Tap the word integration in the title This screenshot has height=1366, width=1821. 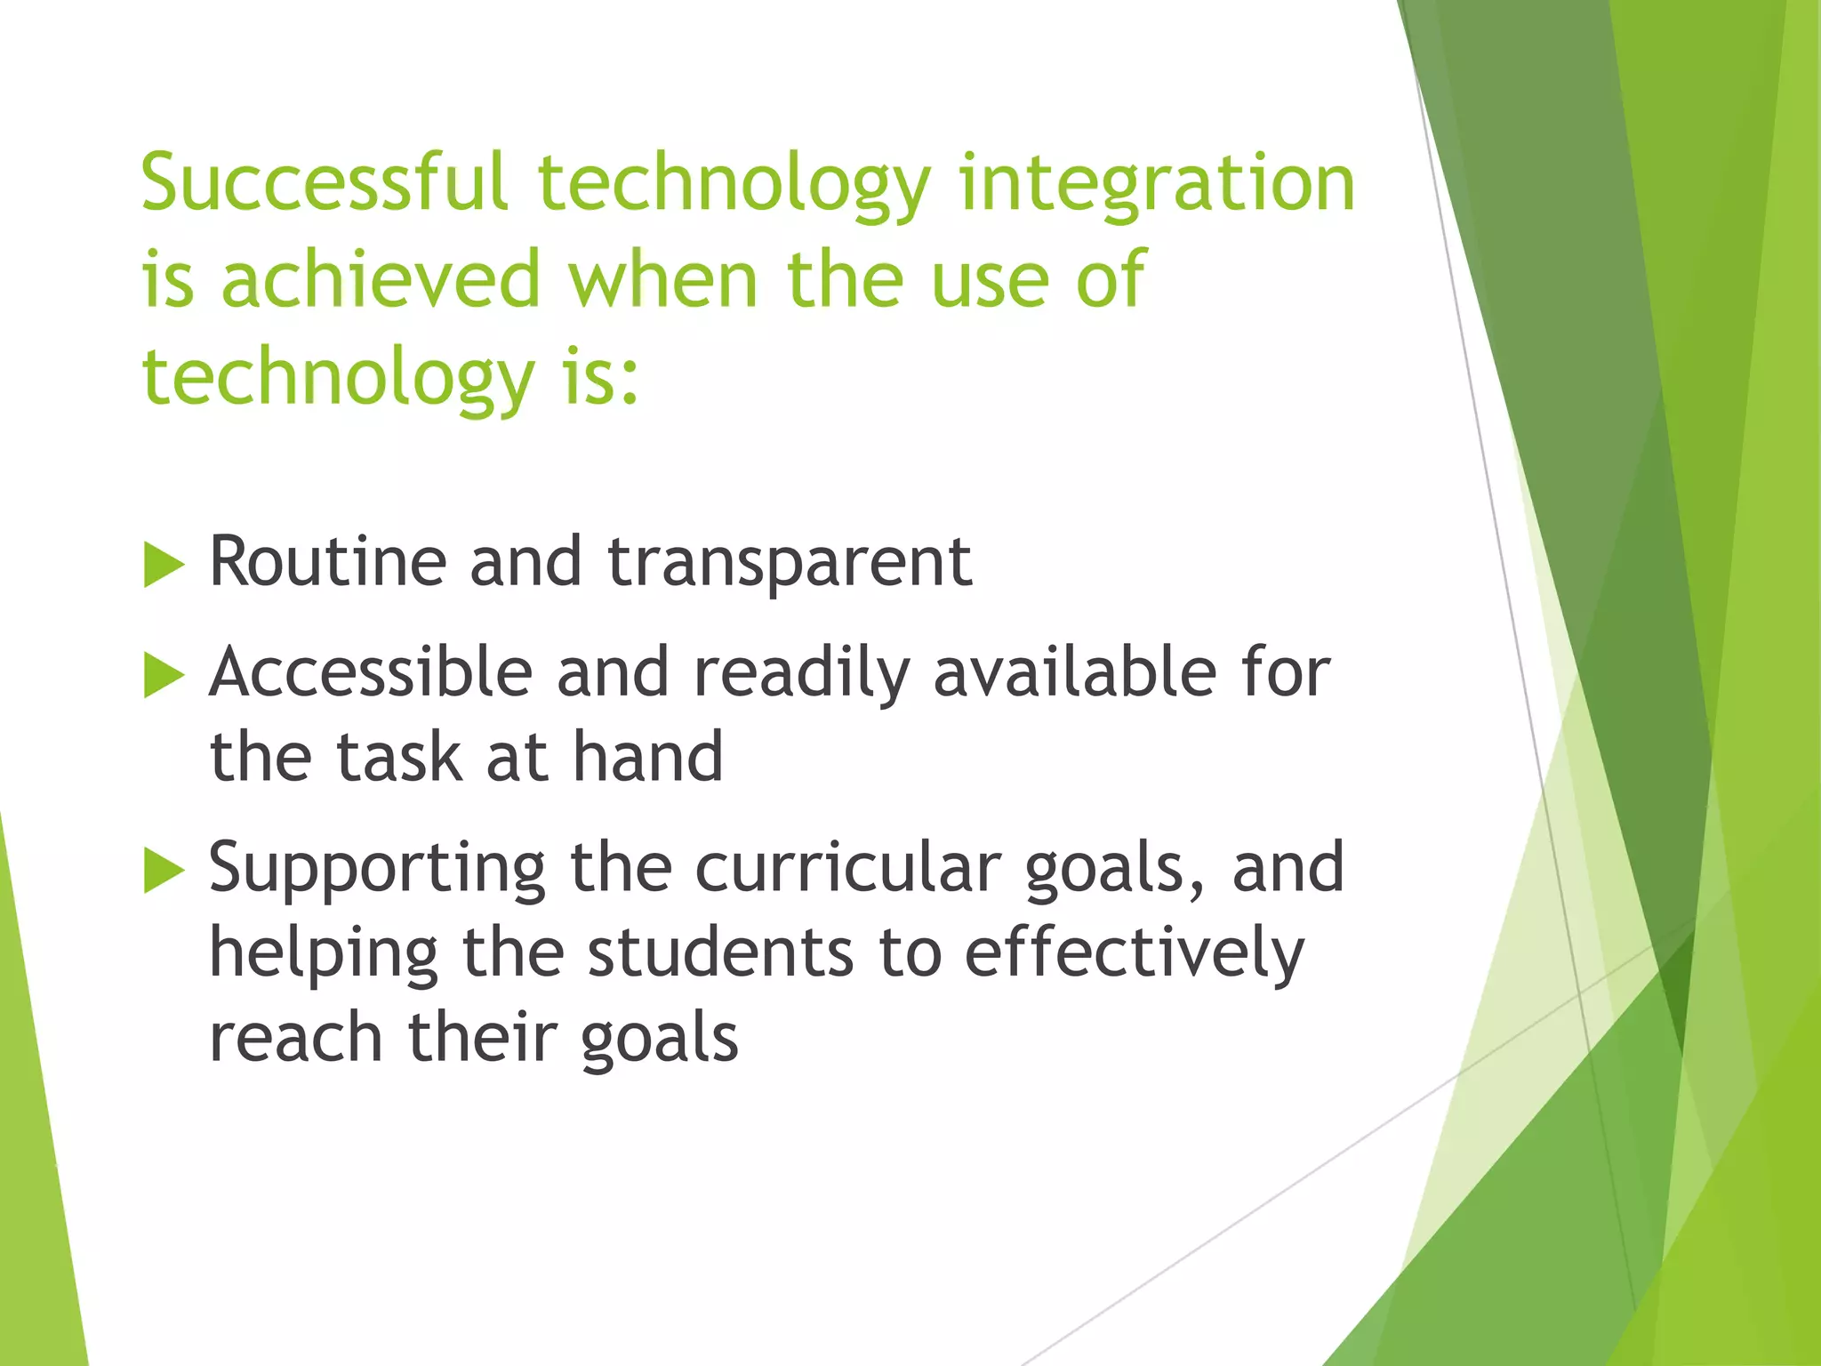click(x=1156, y=185)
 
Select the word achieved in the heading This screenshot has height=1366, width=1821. click(x=381, y=279)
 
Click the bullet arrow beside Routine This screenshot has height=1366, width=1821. click(x=163, y=566)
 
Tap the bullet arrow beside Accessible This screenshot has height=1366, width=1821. click(x=163, y=675)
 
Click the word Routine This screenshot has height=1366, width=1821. click(x=327, y=562)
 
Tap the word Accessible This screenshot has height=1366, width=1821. click(x=371, y=672)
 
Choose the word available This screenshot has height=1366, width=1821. click(x=1075, y=672)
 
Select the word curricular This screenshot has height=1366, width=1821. click(x=847, y=868)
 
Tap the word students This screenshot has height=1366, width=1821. click(x=720, y=952)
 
